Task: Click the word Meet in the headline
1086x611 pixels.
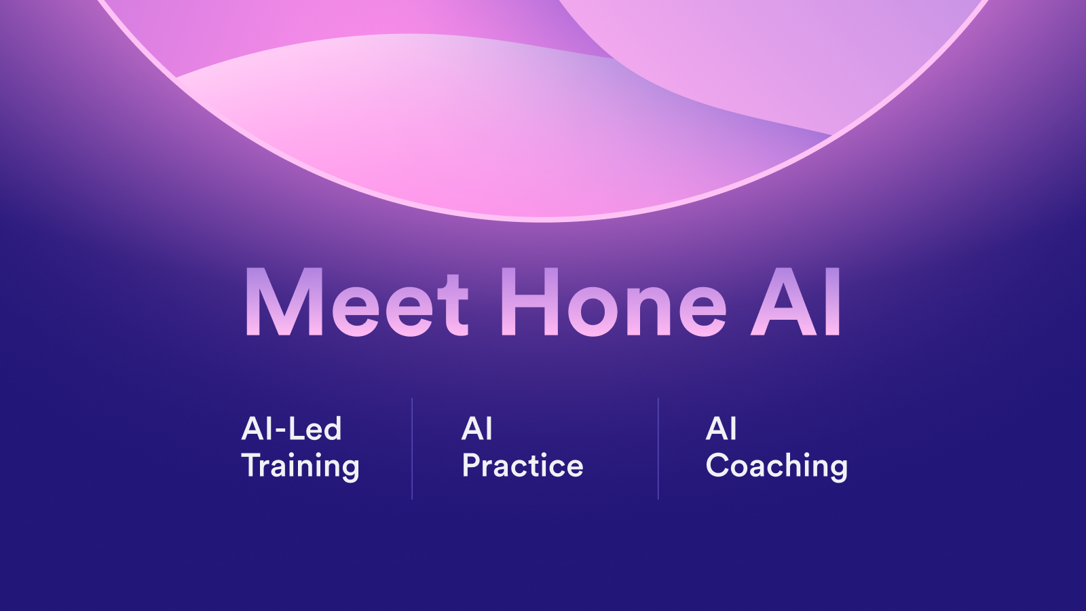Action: (x=357, y=302)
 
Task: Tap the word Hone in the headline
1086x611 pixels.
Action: (x=614, y=302)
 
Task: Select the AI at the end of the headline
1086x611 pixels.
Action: (x=795, y=301)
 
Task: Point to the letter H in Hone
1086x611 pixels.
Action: (x=530, y=301)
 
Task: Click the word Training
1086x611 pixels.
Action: (x=300, y=466)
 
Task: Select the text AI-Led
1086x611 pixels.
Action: (x=291, y=428)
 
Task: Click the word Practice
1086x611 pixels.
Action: (x=522, y=465)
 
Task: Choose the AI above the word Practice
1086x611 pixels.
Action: (x=476, y=428)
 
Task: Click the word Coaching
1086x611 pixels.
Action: (x=776, y=466)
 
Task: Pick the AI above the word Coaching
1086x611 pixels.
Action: (x=721, y=428)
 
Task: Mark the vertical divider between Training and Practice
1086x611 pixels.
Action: (x=412, y=449)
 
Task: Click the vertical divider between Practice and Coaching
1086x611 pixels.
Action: (x=658, y=449)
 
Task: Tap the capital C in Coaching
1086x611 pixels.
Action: (x=717, y=465)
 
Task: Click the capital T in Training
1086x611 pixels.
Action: (x=251, y=465)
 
